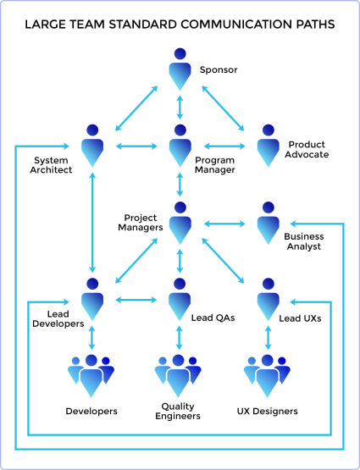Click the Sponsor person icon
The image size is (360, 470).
tap(180, 69)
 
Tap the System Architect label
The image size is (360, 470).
tap(51, 165)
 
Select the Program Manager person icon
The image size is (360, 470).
tap(180, 146)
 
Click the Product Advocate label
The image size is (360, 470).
tap(307, 149)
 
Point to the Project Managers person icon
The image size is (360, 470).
tap(180, 223)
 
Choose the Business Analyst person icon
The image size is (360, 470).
tap(268, 223)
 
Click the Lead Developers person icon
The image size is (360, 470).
tap(92, 299)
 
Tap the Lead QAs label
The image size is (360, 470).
tap(213, 318)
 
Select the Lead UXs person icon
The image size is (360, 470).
tap(268, 299)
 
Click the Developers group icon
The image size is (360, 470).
tap(91, 376)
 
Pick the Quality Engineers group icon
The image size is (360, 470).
tap(178, 376)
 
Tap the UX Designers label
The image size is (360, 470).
tap(268, 411)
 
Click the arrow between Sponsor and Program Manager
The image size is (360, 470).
tap(180, 107)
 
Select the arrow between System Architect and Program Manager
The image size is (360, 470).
tap(136, 146)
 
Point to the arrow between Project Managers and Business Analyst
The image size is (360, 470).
tap(224, 224)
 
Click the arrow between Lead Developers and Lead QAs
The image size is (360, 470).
tap(136, 300)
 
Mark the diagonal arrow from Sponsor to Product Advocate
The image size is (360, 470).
tap(223, 108)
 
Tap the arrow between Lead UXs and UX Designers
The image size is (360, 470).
tap(269, 338)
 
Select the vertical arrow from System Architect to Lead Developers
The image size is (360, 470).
tap(92, 222)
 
